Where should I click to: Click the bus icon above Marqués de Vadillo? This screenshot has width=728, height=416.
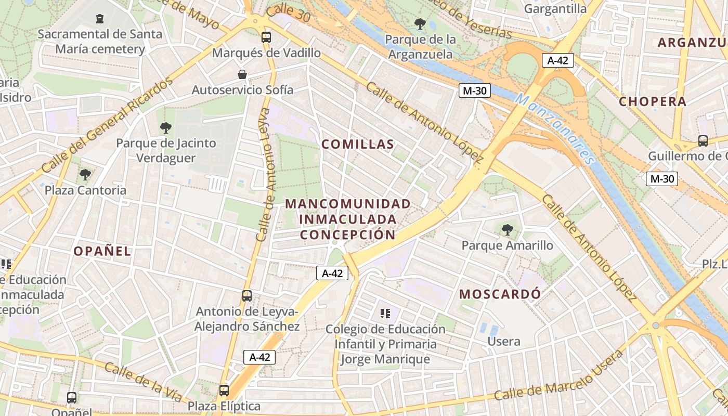[266, 37]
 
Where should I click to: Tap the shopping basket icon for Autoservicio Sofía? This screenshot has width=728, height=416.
[242, 74]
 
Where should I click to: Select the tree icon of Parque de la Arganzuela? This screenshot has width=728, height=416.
[420, 24]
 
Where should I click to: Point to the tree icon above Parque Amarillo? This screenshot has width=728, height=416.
[507, 229]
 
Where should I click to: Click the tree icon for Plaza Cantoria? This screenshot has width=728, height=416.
[85, 175]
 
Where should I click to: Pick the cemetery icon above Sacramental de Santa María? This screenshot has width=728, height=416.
[99, 19]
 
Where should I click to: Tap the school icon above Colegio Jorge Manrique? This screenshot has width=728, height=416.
[385, 313]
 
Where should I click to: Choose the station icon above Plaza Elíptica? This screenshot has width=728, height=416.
[224, 390]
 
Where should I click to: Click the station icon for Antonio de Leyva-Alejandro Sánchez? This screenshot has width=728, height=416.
[247, 296]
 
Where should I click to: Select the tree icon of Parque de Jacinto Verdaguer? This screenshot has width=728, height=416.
[165, 127]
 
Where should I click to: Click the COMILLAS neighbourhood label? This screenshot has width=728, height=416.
[358, 145]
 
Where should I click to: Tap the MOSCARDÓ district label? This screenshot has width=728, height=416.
[500, 294]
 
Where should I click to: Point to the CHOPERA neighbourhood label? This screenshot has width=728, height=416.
[653, 101]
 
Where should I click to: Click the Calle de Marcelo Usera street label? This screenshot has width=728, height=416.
[558, 375]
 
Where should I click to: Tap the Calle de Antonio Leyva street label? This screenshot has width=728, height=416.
[264, 174]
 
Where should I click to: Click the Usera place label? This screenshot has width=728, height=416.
[503, 342]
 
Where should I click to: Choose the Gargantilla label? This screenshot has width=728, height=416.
[555, 9]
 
